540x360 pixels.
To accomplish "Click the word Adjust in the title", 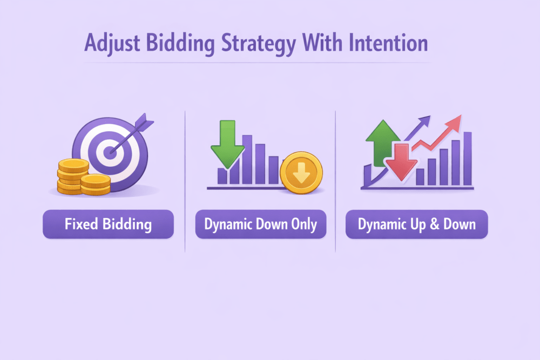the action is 112,44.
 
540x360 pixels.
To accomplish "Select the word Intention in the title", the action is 388,43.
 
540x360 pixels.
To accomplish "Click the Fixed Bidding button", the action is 108,224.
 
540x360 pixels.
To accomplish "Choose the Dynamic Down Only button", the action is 261,224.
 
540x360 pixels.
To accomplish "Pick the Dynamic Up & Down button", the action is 417,224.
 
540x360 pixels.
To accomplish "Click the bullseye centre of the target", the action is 110,152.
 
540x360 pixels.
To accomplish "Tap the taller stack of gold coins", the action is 72,176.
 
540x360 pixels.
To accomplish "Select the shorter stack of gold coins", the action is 96,185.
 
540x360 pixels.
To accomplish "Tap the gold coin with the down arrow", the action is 301,172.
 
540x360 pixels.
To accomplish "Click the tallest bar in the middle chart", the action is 247,159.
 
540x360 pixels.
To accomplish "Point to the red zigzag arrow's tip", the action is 461,116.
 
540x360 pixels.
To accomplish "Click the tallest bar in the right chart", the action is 467,159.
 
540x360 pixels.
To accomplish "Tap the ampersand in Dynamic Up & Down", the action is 435,224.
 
